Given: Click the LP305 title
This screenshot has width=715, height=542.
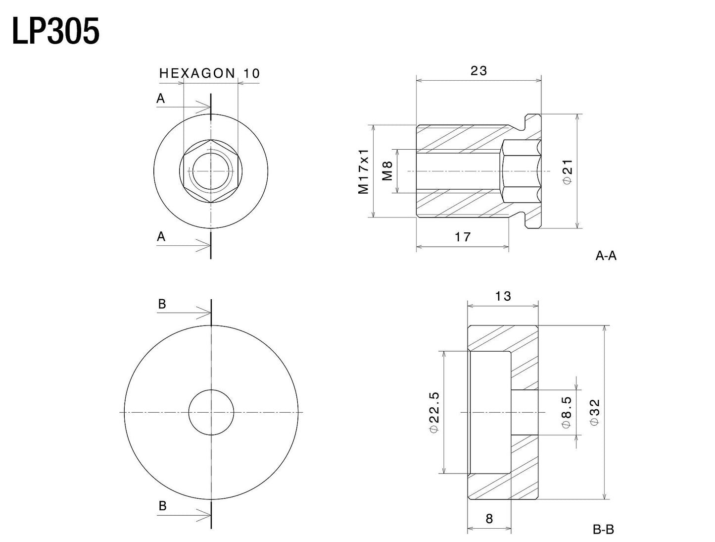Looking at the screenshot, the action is (56, 31).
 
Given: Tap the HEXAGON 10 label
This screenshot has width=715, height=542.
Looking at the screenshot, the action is (209, 73).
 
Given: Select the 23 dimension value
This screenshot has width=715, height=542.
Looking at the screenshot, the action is (478, 71).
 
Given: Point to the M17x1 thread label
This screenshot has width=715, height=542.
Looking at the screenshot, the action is (363, 171).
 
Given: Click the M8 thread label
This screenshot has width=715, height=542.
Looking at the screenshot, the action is (387, 171).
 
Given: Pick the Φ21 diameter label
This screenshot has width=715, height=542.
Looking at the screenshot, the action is (568, 172).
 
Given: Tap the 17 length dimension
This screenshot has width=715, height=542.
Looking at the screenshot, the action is (463, 237).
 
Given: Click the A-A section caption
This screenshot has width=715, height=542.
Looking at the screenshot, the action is (606, 256).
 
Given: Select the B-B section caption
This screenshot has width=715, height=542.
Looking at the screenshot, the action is (603, 530).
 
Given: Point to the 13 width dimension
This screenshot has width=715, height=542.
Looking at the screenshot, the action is (503, 296).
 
